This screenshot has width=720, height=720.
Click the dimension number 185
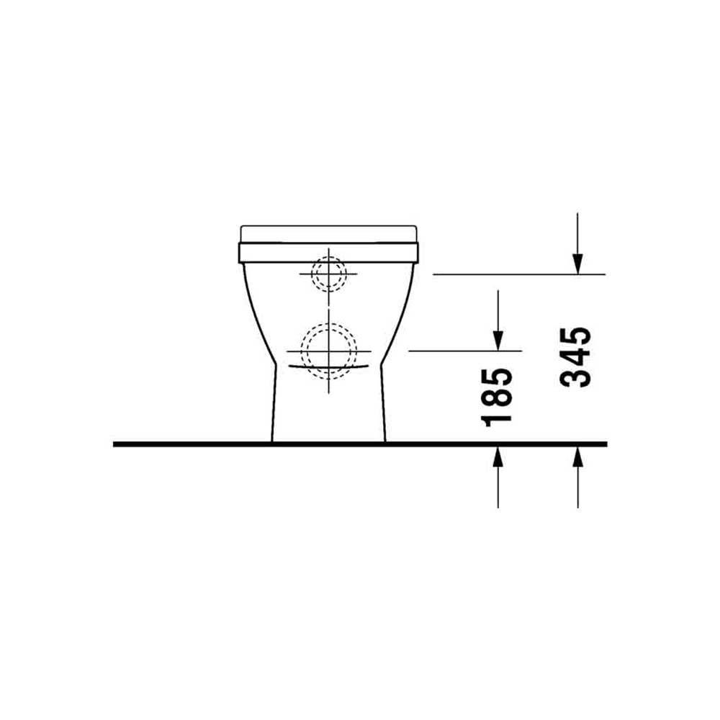(x=496, y=397)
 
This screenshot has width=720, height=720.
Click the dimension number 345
(x=575, y=357)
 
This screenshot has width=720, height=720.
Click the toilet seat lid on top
(x=329, y=234)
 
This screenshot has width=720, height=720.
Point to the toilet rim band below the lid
(x=329, y=253)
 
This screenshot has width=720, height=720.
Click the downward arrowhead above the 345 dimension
(x=577, y=264)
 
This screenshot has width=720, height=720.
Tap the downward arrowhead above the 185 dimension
(x=498, y=341)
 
